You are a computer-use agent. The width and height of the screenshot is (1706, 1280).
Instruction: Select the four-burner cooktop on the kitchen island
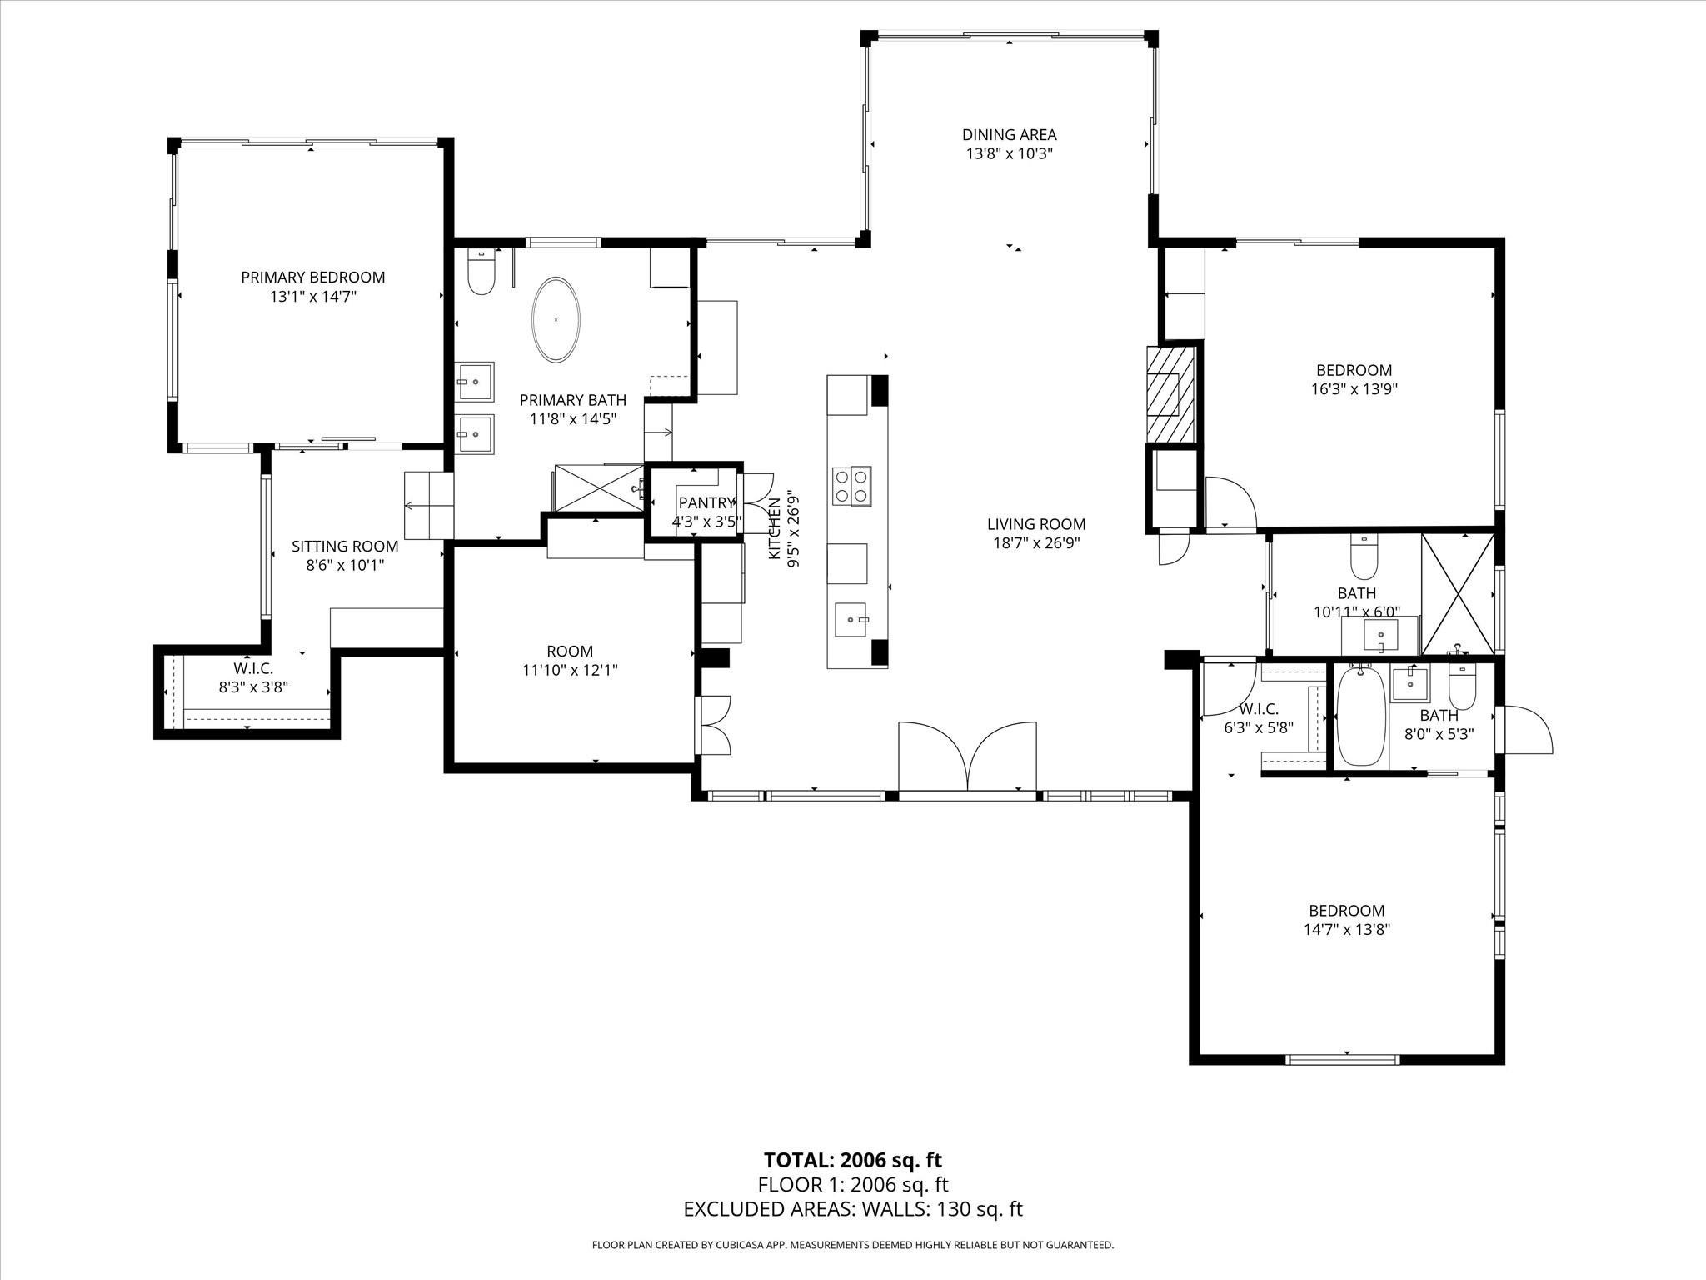(851, 486)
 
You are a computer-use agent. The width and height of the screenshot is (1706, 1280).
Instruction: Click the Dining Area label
(1009, 134)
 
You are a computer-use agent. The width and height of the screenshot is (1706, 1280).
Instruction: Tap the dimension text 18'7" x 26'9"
(1035, 543)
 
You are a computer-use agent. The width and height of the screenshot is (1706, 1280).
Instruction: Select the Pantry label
(706, 502)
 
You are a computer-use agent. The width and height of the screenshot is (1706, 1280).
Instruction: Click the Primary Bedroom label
(312, 277)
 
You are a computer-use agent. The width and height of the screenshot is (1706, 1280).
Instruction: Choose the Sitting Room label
(345, 547)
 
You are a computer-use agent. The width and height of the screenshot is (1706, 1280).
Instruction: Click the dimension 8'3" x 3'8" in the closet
(253, 687)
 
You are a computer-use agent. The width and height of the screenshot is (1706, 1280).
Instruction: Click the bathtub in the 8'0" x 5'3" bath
(1361, 717)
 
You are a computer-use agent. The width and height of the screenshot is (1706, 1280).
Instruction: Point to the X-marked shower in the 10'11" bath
(1457, 593)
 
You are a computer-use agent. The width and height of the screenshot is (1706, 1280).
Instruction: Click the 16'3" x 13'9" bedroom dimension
(1354, 388)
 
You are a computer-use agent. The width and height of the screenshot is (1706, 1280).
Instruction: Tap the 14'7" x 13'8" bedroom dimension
(1346, 929)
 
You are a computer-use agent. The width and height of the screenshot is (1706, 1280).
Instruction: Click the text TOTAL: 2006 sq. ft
(852, 1160)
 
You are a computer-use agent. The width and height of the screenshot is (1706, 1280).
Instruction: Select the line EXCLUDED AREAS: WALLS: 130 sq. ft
(852, 1209)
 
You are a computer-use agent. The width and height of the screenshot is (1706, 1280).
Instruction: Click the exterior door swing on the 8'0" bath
(1524, 731)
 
